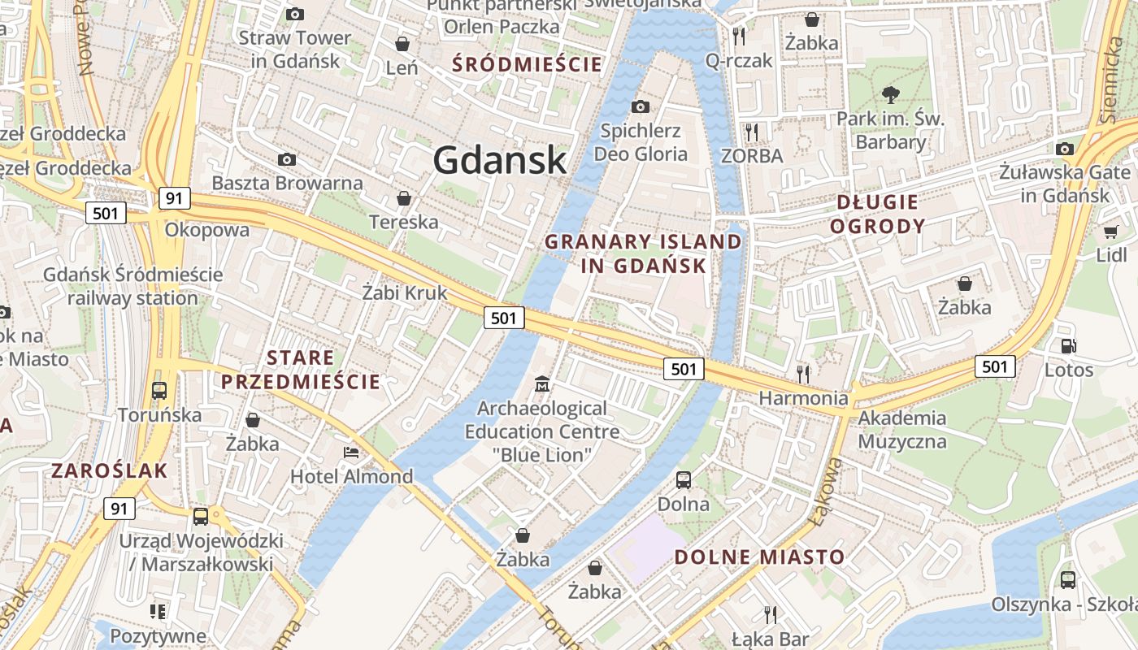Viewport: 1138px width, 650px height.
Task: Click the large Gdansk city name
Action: pos(499,159)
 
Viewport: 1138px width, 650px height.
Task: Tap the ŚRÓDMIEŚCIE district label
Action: pos(527,64)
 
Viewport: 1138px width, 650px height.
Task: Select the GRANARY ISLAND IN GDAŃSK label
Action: pos(643,253)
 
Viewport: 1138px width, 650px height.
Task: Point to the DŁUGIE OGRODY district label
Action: pos(877,214)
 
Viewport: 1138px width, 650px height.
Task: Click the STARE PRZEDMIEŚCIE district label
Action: pos(301,370)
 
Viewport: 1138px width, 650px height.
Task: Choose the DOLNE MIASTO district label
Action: pos(760,557)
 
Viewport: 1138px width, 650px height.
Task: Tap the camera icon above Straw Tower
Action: pos(295,14)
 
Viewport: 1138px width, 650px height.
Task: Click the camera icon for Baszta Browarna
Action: pos(287,159)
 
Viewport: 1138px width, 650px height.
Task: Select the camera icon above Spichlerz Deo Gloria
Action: pos(641,106)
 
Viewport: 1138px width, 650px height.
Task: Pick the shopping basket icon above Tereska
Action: pos(403,198)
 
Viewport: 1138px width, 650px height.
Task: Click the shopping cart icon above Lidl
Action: pos(1110,232)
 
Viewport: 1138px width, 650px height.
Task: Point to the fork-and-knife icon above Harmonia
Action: pos(803,374)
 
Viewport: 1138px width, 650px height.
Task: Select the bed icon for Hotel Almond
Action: pos(351,453)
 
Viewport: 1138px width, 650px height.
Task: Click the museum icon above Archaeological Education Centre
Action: pos(542,383)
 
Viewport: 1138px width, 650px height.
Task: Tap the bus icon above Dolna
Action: pos(684,479)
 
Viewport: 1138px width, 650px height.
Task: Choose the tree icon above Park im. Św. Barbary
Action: pos(891,95)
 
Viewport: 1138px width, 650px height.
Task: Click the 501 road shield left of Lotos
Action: pos(995,366)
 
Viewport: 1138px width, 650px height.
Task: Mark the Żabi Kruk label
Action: pos(405,292)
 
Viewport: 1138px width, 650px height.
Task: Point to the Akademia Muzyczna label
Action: pos(902,430)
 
